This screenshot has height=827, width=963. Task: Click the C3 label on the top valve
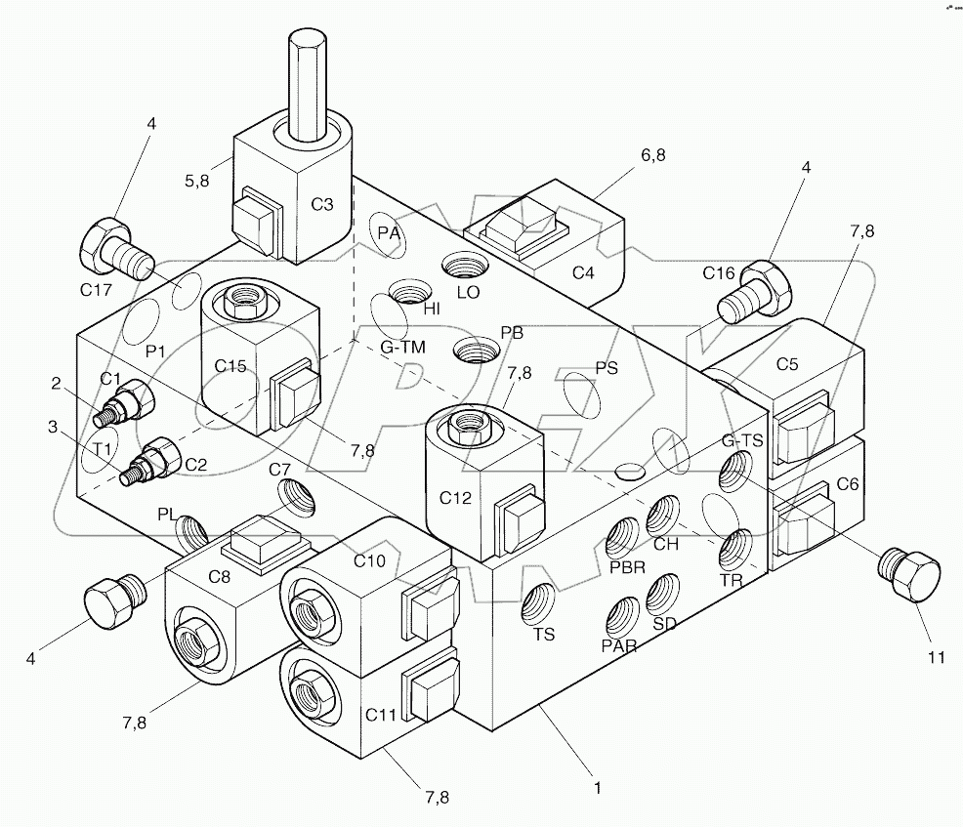[322, 204]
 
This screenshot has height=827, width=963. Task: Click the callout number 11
[936, 657]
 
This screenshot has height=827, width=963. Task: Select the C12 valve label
[455, 498]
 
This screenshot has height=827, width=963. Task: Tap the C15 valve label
[230, 366]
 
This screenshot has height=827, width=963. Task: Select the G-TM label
[402, 347]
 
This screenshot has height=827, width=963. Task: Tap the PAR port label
[619, 644]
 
